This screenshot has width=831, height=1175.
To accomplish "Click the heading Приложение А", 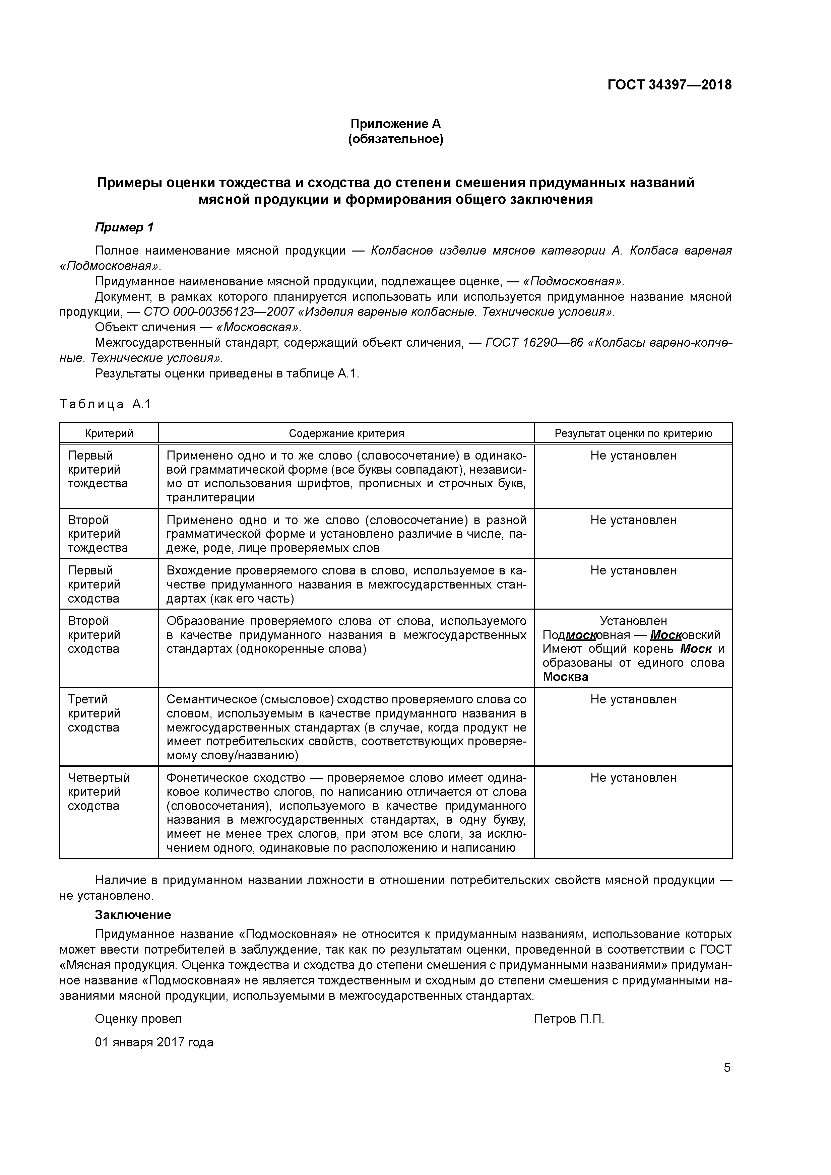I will click(x=395, y=124).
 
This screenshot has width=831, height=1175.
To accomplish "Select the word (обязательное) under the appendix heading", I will click(x=395, y=139).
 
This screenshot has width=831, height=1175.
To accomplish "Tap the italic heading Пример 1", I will click(x=124, y=227).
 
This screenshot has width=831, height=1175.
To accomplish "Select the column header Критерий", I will click(x=109, y=433).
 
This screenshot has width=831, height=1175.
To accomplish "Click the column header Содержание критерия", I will click(x=346, y=433).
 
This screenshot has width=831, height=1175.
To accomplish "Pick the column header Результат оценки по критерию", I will click(x=633, y=433).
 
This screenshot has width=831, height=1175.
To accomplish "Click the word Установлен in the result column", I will click(x=633, y=621).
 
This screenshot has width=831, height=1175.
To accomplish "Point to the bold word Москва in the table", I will click(x=565, y=677).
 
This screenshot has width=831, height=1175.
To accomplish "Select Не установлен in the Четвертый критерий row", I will click(x=633, y=778).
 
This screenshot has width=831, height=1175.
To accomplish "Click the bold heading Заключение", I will click(x=133, y=915).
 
